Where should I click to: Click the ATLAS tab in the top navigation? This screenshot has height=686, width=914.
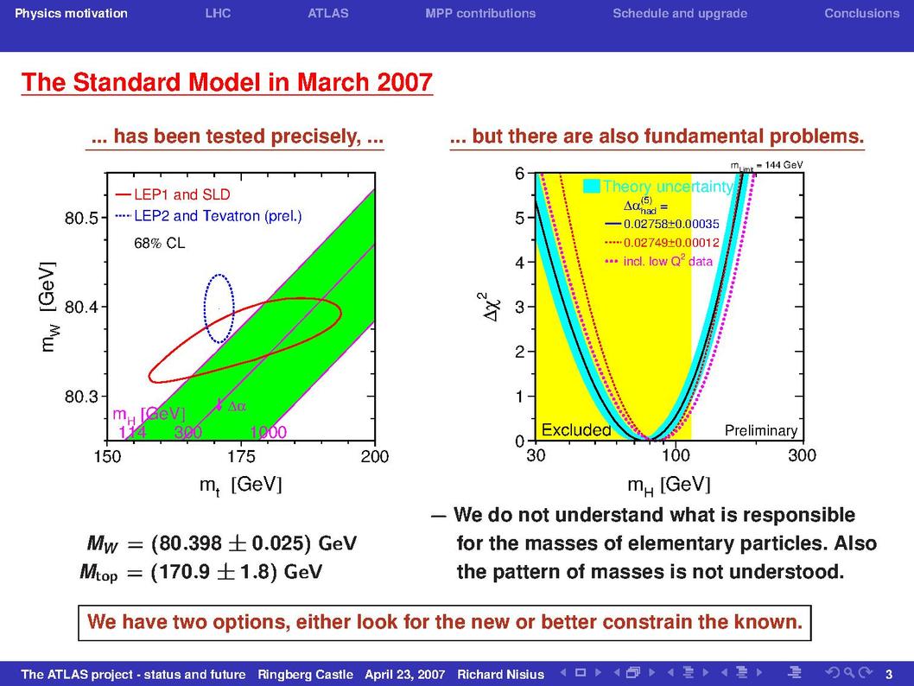(x=328, y=14)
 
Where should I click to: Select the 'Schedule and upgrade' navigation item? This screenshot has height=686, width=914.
(x=680, y=14)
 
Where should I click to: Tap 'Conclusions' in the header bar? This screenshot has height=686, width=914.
(x=861, y=14)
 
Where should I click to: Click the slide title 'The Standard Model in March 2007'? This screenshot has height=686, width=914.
(x=226, y=82)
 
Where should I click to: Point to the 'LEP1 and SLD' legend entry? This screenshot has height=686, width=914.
(x=173, y=194)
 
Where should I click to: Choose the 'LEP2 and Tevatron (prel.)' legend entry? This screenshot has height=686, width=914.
(x=209, y=216)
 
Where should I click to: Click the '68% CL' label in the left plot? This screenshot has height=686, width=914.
(x=160, y=243)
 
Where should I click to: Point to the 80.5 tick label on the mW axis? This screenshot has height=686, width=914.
(x=81, y=218)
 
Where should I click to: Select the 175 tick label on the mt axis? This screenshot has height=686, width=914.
(x=241, y=456)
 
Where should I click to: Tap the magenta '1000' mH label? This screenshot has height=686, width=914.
(x=268, y=432)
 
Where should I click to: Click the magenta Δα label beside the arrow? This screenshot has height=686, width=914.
(x=237, y=406)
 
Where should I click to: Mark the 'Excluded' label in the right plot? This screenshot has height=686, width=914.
(x=576, y=430)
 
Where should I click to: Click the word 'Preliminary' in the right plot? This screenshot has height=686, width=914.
(x=761, y=431)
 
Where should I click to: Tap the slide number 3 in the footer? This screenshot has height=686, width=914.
(x=889, y=675)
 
